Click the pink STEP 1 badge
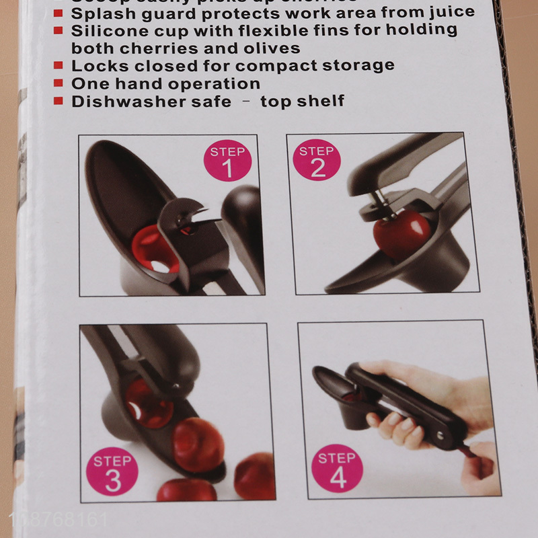pos(227,162)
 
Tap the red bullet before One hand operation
pos(58,84)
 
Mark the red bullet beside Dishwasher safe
pos(58,102)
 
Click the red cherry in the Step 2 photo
pos(401,234)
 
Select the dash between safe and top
pos(245,102)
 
